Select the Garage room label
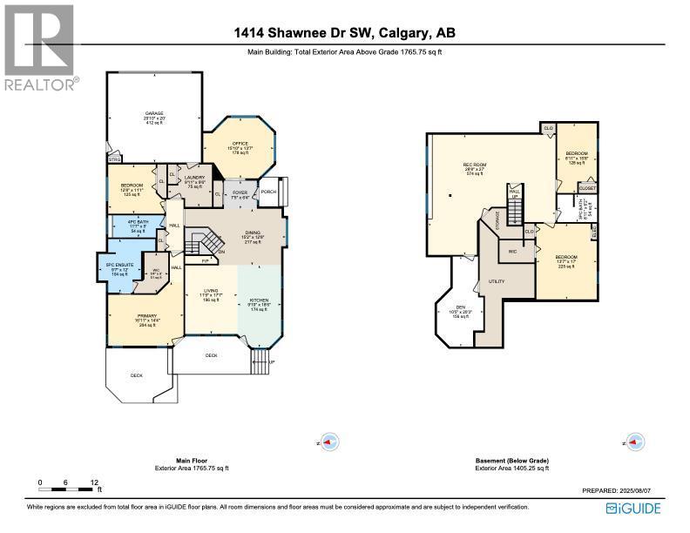point(154,113)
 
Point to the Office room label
point(240,144)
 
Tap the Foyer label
point(240,191)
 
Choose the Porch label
point(268,192)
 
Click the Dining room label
point(252,230)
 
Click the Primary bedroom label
point(144,317)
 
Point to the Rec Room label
point(473,163)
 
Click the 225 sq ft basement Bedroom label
point(566,257)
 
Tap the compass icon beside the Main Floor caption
point(328,442)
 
